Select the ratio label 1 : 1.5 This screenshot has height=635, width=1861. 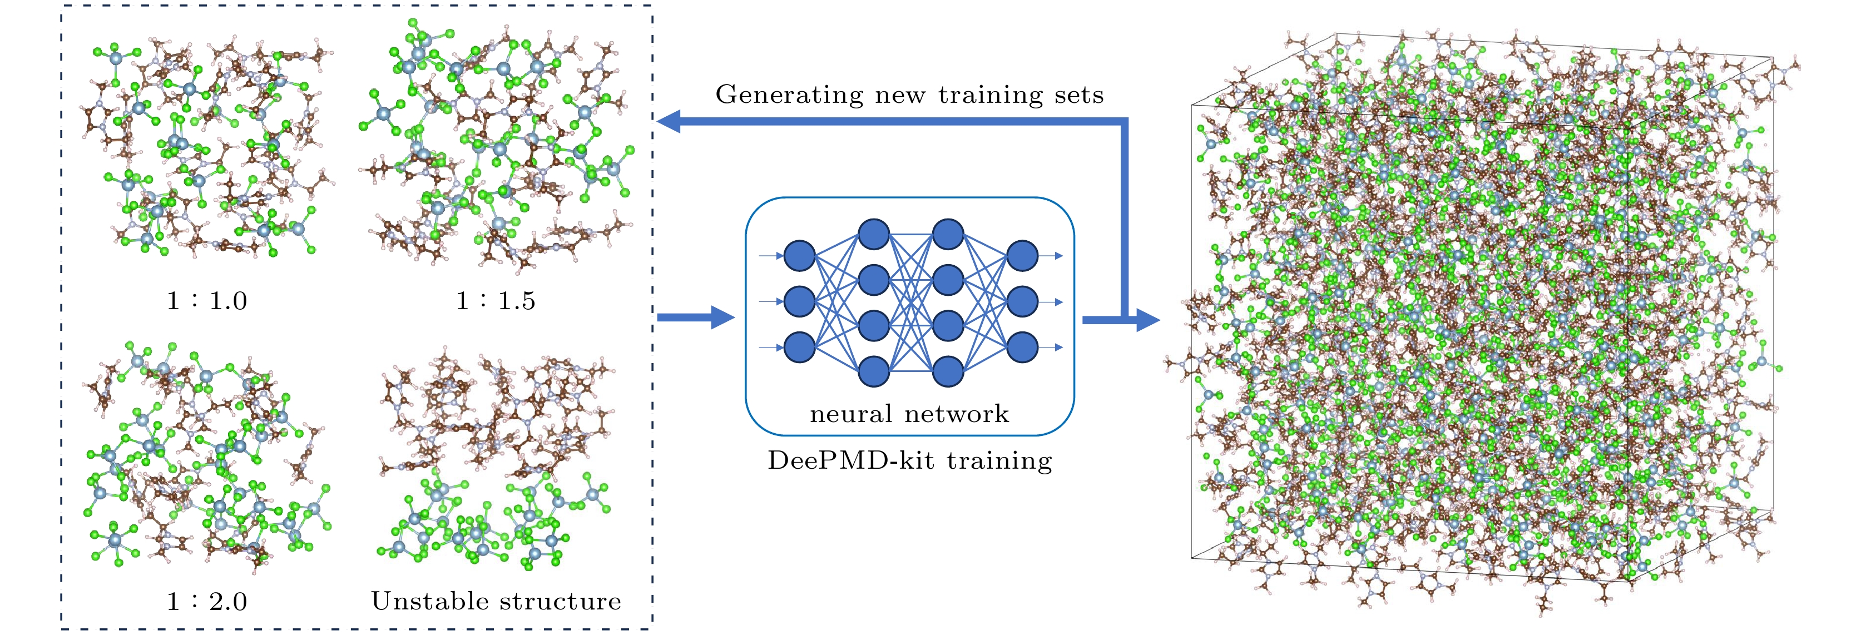coord(496,300)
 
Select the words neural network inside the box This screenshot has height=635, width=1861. coord(909,414)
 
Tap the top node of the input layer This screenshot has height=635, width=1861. coord(799,256)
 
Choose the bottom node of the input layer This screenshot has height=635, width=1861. coord(799,348)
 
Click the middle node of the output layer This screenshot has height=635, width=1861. coord(1022,301)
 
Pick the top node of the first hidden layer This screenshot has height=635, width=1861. coord(873,234)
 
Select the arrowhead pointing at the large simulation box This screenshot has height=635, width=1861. coord(1147,319)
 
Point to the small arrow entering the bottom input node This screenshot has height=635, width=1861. coord(770,348)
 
